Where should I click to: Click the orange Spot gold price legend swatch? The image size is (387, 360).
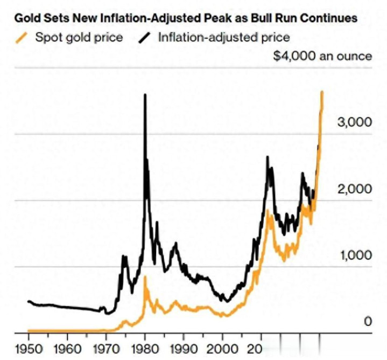(22, 38)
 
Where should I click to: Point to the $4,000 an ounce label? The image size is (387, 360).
(322, 56)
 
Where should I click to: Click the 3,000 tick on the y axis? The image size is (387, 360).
(355, 122)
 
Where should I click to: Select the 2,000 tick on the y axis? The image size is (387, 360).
(355, 189)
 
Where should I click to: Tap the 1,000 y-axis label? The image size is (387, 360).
(355, 255)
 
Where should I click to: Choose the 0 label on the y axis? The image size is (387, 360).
(368, 322)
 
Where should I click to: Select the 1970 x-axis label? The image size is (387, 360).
(105, 348)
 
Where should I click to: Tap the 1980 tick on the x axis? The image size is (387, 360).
(145, 348)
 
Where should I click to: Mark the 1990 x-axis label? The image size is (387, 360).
(184, 348)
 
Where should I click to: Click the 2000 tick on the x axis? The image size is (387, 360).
(223, 348)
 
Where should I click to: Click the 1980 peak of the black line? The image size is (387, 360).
(145, 95)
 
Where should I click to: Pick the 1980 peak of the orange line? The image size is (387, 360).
(145, 277)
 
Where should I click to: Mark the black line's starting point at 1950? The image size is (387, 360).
(28, 301)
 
